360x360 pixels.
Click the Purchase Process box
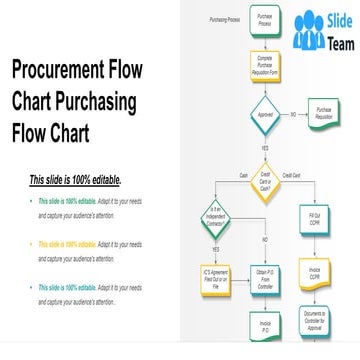(x=265, y=21)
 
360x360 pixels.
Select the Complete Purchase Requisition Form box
(x=265, y=65)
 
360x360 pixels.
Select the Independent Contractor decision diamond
(x=216, y=218)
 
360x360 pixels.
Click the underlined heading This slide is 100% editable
(x=75, y=181)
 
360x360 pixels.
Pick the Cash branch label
(x=244, y=176)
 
